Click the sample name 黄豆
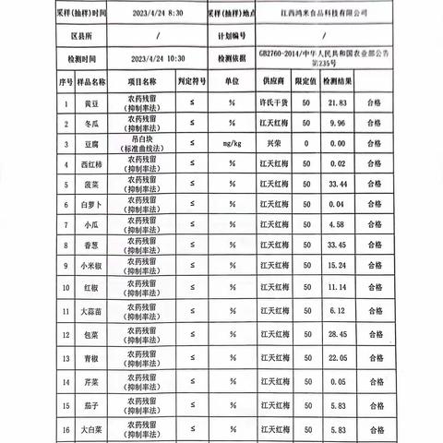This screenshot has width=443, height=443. click(x=66, y=104)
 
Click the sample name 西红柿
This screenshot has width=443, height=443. click(x=66, y=165)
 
